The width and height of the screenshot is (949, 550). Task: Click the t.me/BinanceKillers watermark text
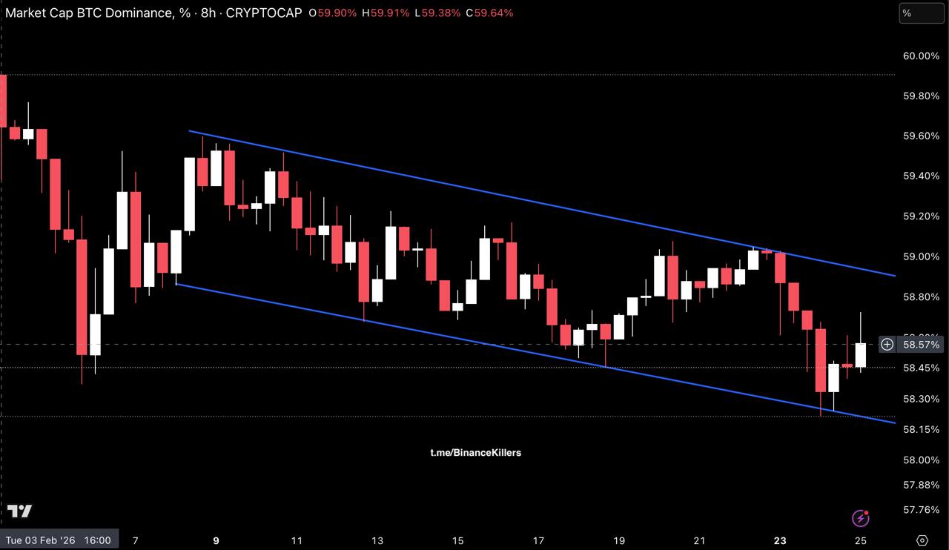[x=475, y=452]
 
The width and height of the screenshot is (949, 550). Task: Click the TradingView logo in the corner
[x=20, y=511]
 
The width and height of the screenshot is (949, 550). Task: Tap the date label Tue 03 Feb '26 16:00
[x=59, y=540]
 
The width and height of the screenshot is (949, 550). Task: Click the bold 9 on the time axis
[x=216, y=540]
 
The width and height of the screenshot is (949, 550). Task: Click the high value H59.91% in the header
[x=385, y=13]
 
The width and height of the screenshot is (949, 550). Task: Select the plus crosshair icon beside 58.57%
[x=887, y=344]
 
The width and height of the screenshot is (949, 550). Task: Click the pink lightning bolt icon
[x=861, y=517]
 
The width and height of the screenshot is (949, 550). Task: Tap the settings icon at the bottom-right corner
[x=922, y=540]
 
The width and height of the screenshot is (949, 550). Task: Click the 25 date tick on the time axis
[x=861, y=540]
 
